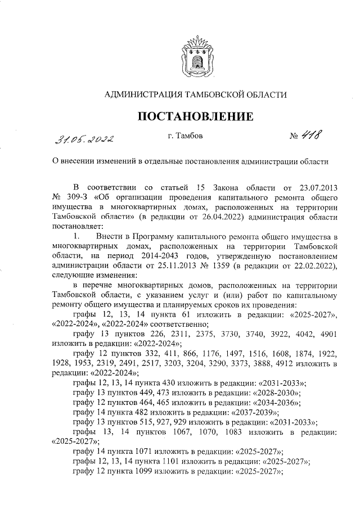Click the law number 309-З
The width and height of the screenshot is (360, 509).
pyautogui.click(x=71, y=197)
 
